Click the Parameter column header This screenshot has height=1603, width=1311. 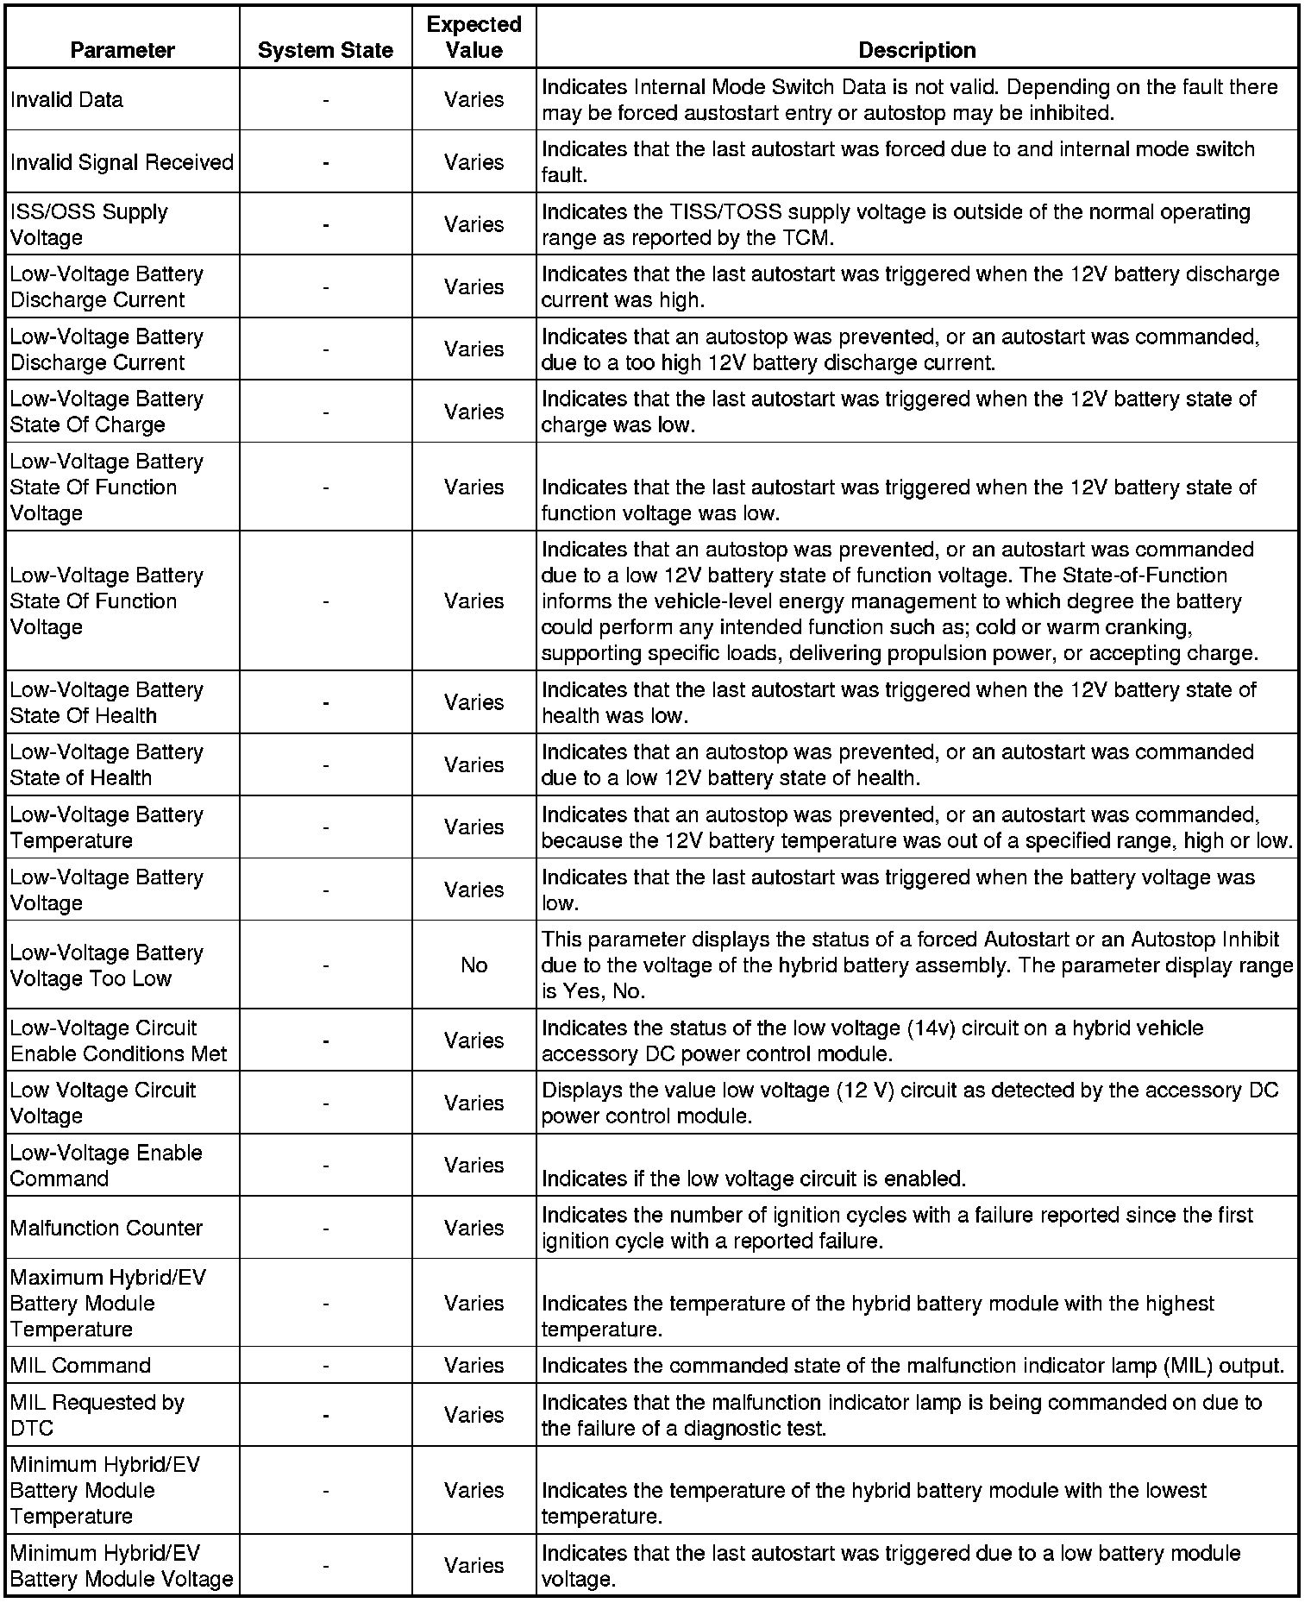(122, 51)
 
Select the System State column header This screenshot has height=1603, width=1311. (325, 51)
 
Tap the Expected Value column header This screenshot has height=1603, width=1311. (474, 37)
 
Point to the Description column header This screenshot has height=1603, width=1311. (917, 51)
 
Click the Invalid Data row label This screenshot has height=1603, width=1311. (66, 100)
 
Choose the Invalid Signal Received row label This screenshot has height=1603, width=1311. (122, 162)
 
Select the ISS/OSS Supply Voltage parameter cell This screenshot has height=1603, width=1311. (89, 224)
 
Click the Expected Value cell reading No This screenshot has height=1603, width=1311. (474, 965)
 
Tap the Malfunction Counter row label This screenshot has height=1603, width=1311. (106, 1228)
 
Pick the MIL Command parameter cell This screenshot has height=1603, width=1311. (80, 1366)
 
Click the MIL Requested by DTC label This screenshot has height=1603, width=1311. (97, 1415)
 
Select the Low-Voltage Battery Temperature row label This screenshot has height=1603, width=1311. (106, 827)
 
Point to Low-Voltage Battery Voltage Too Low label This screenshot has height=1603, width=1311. (106, 965)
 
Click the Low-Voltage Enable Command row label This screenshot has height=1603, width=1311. (106, 1166)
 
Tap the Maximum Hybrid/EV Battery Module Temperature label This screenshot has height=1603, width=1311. (108, 1303)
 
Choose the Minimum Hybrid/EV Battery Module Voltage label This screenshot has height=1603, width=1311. (122, 1566)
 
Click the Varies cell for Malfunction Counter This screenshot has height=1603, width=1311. (474, 1228)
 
